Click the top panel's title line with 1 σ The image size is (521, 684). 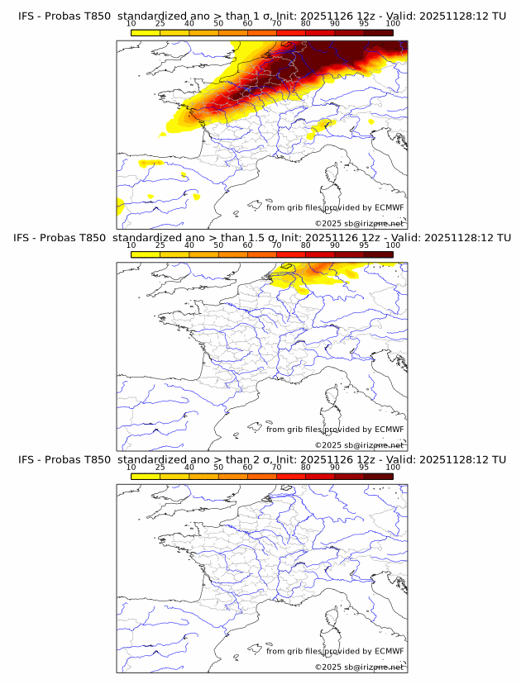point(261,17)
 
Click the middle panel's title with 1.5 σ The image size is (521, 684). point(261,238)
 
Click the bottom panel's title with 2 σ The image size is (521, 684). point(261,459)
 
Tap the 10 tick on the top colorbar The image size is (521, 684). point(131,24)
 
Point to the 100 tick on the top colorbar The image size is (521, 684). point(393,24)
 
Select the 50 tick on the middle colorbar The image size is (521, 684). point(218,245)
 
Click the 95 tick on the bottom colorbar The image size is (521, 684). point(364,467)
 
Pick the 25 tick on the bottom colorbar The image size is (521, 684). point(160,467)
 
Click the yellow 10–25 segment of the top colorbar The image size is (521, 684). point(146,32)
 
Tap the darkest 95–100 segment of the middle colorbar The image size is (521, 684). point(379,254)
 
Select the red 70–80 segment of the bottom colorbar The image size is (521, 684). point(291,475)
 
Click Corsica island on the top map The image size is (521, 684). point(332,175)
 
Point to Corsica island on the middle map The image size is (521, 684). point(332,397)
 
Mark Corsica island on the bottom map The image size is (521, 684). point(332,618)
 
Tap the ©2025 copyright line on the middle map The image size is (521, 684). point(359,445)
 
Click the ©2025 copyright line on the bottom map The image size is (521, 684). point(359,667)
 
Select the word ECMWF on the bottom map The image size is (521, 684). point(389,650)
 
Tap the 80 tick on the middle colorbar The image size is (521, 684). point(306,245)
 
